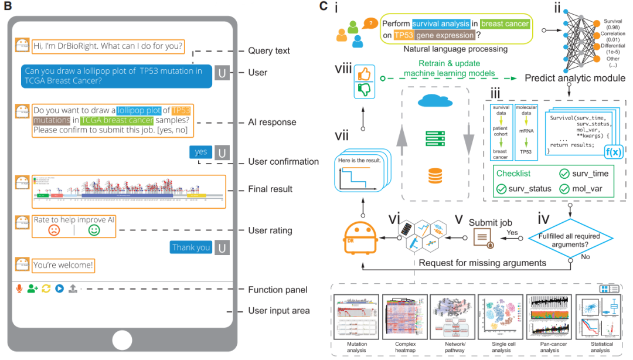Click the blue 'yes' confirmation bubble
pos(201,152)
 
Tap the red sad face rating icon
pos(55,230)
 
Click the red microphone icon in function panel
pos(19,288)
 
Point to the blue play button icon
pos(59,288)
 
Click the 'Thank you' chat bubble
pos(191,247)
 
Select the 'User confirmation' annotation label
pos(284,162)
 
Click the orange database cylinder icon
pos(435,175)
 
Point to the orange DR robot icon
pos(359,237)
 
